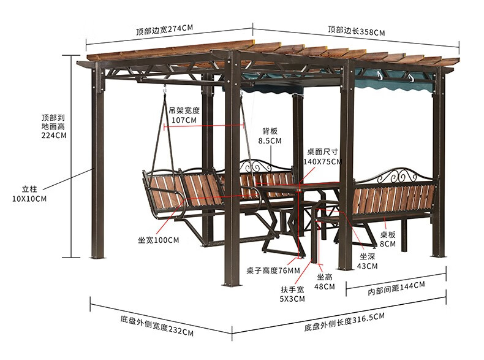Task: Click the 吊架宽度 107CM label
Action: [184, 115]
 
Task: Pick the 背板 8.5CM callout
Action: [270, 136]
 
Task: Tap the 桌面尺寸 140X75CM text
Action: [322, 156]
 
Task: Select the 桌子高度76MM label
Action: [273, 270]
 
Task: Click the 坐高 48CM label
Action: [325, 281]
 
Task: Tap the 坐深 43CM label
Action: [368, 261]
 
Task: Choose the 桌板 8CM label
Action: [388, 239]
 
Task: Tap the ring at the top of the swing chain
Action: [165, 91]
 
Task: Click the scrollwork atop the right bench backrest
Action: [399, 175]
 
